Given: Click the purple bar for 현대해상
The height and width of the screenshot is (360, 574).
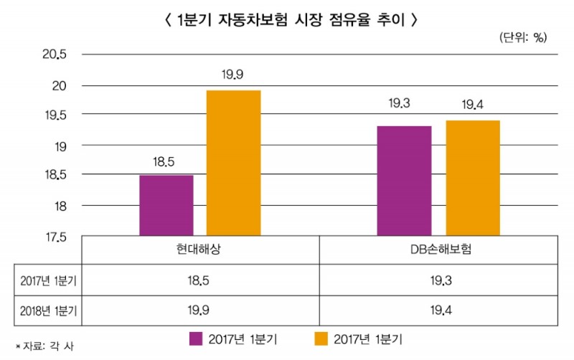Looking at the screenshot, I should pyautogui.click(x=166, y=205).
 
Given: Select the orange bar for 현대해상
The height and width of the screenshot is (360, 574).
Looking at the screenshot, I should pyautogui.click(x=233, y=163).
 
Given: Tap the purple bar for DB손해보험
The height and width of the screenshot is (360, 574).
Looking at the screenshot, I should pyautogui.click(x=404, y=181).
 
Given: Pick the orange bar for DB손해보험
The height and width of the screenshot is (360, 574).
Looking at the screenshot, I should pyautogui.click(x=472, y=178).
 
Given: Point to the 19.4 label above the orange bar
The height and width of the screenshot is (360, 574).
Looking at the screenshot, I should pyautogui.click(x=472, y=105).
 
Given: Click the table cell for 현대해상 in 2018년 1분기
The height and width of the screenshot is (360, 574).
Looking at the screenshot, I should pyautogui.click(x=200, y=311).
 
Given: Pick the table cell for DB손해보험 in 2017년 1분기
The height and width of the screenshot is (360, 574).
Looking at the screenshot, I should pyautogui.click(x=439, y=280).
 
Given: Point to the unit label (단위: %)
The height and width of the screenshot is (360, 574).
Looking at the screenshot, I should pyautogui.click(x=522, y=38).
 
